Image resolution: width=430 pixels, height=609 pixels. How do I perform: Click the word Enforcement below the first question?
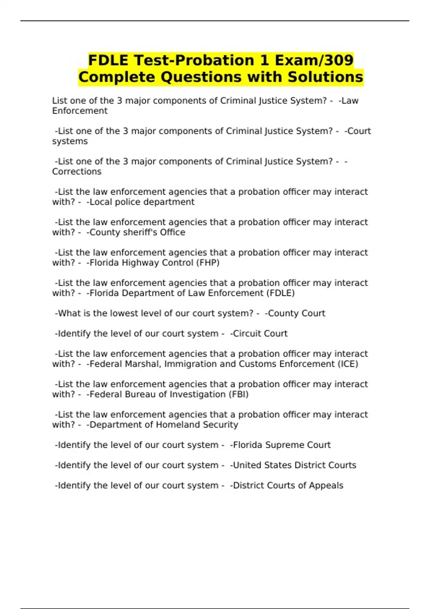tap(80, 111)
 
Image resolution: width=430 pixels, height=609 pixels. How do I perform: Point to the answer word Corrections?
tap(77, 172)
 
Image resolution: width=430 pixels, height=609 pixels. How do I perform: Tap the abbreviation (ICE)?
tap(348, 364)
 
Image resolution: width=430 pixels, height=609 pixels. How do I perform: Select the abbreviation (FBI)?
tap(238, 394)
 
